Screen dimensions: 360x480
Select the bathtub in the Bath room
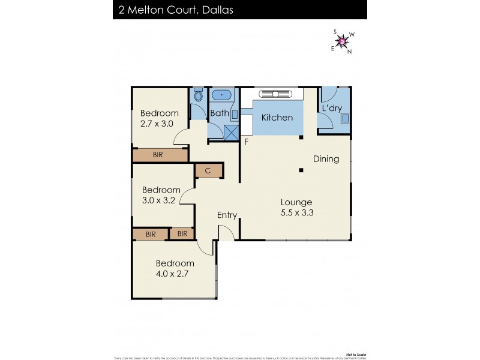(x=222, y=95)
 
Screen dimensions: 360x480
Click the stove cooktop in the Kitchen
(x=275, y=94)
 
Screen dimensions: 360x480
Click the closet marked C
(x=208, y=171)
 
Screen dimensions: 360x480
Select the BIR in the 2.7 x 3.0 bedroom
(x=158, y=155)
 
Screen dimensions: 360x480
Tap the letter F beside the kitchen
(x=246, y=142)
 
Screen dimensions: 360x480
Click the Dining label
(x=326, y=159)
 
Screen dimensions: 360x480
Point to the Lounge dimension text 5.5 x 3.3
(x=297, y=212)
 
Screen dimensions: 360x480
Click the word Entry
(x=227, y=215)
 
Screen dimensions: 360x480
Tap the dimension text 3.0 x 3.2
(x=158, y=200)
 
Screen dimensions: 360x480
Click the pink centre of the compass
(x=343, y=41)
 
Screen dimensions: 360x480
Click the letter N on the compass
(x=350, y=51)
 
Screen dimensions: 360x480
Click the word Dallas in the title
(x=217, y=10)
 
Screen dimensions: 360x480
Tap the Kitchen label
(x=277, y=118)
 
